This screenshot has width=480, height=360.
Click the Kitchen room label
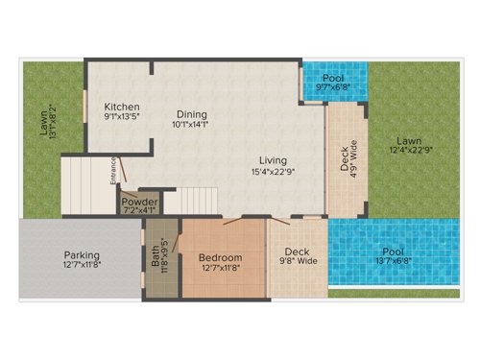123,107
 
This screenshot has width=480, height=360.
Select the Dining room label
190,110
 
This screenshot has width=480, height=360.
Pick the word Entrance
113,170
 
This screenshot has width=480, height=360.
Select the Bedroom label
220,258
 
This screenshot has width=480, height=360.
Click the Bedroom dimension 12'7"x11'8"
220,270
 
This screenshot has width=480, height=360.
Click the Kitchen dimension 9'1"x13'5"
123,119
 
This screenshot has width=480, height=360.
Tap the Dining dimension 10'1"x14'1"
190,123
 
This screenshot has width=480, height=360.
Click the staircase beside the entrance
83,185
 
